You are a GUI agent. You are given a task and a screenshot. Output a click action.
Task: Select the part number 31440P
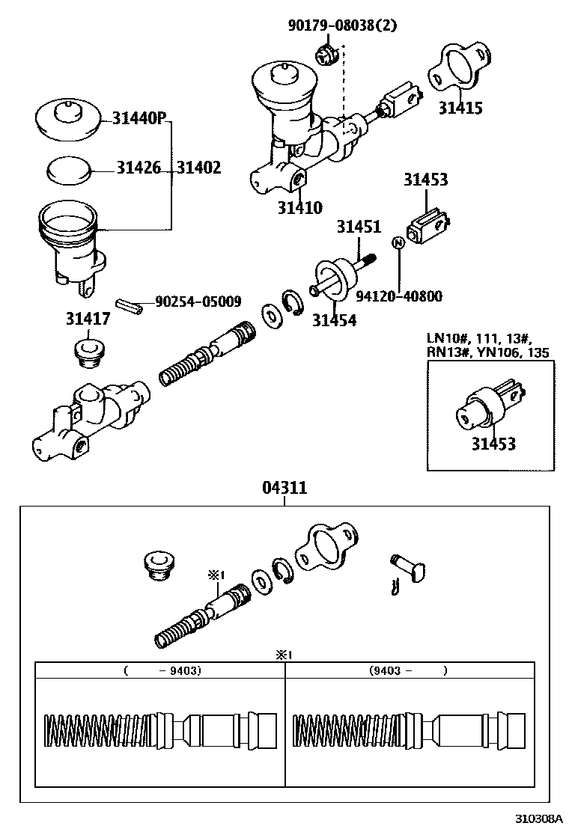click(139, 118)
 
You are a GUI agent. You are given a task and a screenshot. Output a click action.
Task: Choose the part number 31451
click(359, 227)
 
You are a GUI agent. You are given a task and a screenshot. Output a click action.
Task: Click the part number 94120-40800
click(398, 296)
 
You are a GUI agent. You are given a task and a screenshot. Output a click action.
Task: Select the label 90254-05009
click(198, 302)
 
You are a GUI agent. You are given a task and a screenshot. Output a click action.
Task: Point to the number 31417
click(88, 319)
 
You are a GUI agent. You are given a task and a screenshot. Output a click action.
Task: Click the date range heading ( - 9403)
click(162, 671)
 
